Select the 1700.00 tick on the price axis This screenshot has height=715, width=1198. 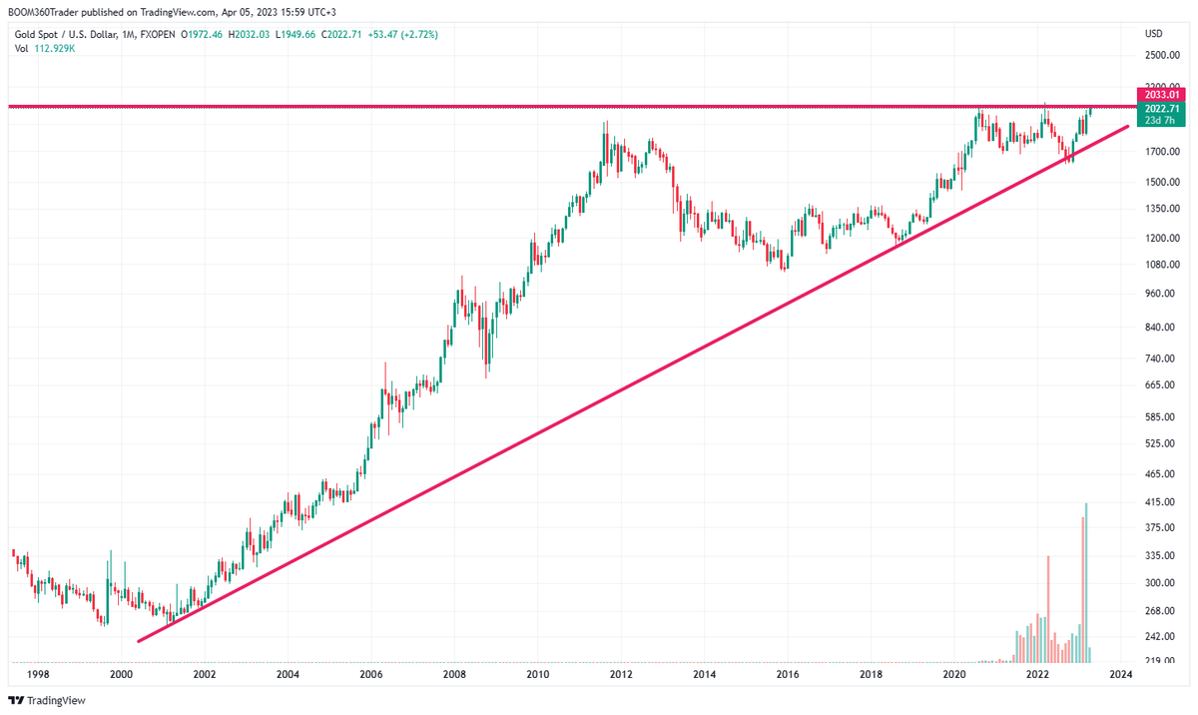1162,152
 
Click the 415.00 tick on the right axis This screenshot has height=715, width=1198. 1160,501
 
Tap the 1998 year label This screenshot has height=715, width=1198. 37,675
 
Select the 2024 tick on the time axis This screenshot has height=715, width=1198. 1121,675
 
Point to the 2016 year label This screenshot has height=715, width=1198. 788,675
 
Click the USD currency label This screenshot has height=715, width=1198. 1154,34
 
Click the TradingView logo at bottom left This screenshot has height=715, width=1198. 48,700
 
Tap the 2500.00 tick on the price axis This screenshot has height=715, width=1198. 1162,55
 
